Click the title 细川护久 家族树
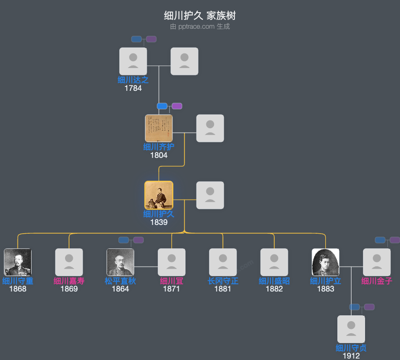coord(200,16)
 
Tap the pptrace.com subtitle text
coord(200,27)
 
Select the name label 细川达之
coord(133,80)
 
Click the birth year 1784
coord(133,88)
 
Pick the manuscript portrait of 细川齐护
coord(159,128)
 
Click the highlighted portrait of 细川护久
coord(159,195)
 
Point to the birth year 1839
coord(159,223)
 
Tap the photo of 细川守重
coord(17,262)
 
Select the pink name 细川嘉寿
coord(69,281)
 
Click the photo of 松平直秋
coord(120,262)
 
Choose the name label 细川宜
coord(171,281)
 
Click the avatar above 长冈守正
coord(223,262)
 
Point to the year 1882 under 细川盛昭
coord(274,289)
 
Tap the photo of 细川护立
coord(325,262)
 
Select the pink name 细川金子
coord(377,281)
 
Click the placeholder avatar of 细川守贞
coord(351,329)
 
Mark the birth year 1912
coord(351,356)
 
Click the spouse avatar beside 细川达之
coord(184,61)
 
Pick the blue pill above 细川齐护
coord(162,106)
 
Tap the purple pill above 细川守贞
coord(369,307)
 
